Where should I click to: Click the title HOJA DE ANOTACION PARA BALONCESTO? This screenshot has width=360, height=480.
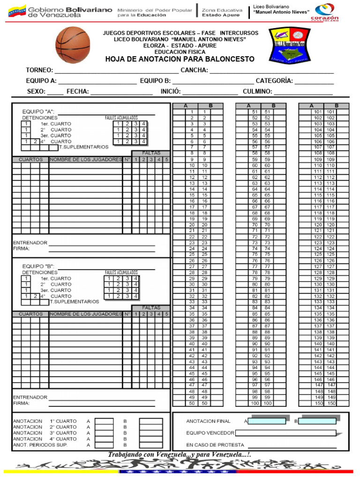click(180, 59)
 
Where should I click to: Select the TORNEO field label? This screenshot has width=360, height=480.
click(39, 70)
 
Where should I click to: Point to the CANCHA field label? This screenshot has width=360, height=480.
click(194, 70)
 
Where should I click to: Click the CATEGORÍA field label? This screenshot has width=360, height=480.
click(274, 81)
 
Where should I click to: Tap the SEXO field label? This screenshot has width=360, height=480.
click(36, 91)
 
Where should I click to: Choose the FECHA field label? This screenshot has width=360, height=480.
click(77, 91)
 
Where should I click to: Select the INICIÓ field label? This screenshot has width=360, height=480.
click(171, 91)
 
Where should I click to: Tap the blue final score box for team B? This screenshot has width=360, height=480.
click(317, 421)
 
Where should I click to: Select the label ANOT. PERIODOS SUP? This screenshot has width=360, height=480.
click(40, 445)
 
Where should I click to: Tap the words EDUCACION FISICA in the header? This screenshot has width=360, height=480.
click(180, 52)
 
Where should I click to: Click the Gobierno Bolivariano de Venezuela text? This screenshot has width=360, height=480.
click(70, 12)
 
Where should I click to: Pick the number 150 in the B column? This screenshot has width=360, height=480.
click(331, 403)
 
